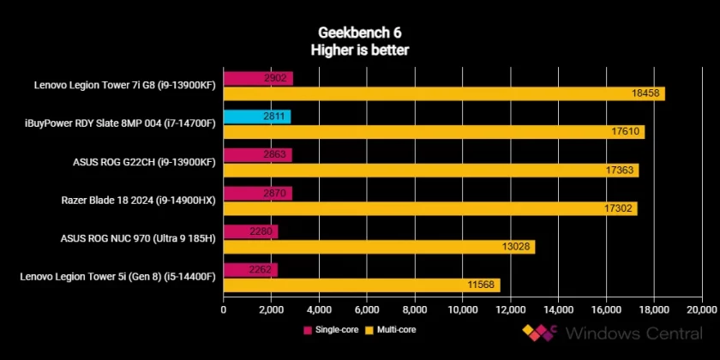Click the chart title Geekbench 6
coord(359,33)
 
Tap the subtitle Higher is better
coord(359,51)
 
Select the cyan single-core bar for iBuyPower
coord(257,117)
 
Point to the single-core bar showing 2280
coord(250,231)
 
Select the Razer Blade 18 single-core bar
coord(257,194)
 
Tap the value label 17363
coord(620,171)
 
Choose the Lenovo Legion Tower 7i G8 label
coord(124,85)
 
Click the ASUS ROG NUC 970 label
coord(138,238)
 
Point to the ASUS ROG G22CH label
coord(143,161)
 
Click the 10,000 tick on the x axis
coord(463,309)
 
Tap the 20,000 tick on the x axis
coord(701,309)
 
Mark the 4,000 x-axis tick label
coord(319,309)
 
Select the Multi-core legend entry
coord(393,329)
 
